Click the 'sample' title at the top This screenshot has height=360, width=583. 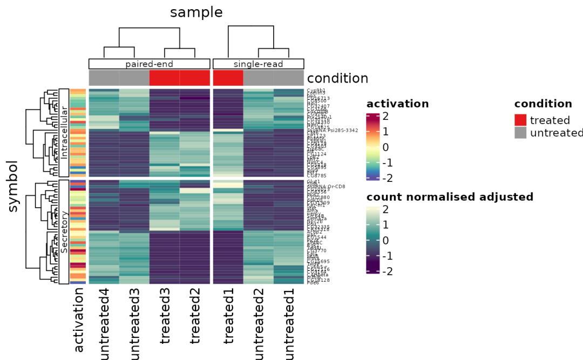point(196,12)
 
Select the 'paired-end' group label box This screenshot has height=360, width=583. point(149,64)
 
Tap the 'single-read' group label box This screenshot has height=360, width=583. point(258,64)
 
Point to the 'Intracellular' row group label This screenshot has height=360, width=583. point(64,132)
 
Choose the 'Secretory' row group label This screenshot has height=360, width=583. point(64,232)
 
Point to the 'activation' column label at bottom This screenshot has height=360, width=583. point(78,320)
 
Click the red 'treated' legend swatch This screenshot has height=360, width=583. point(520,120)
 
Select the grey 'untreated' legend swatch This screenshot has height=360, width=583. point(520,133)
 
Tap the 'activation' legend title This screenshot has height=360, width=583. point(397,104)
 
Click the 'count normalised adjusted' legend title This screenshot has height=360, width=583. point(450,197)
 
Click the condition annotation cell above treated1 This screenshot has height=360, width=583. point(228,78)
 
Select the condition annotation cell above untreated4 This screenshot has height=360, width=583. point(104,78)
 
